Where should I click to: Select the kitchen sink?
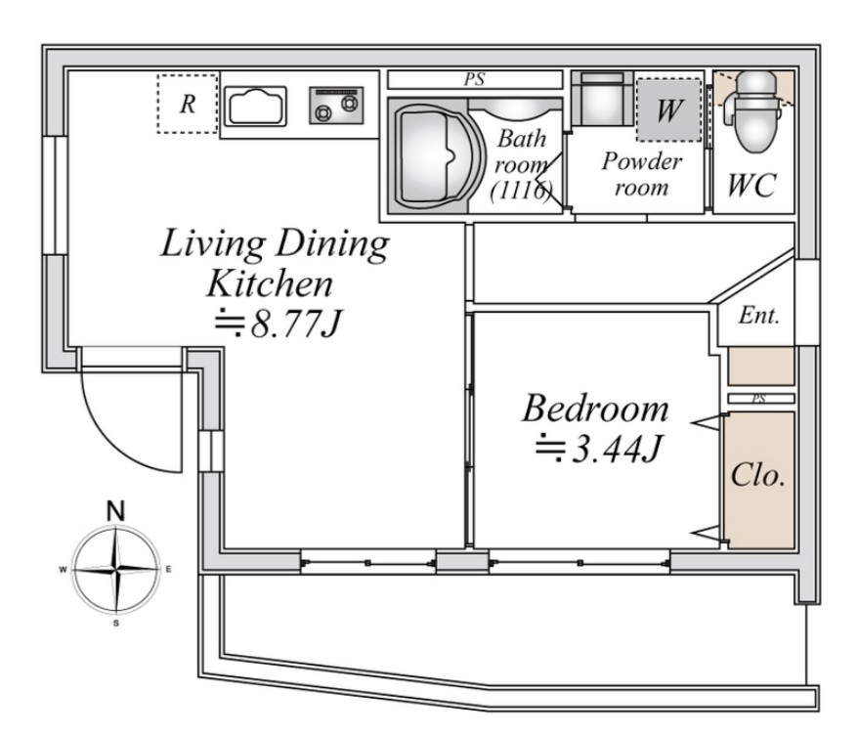pos(256,107)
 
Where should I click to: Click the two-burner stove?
pos(336,106)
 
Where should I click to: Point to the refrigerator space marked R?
pos(188,104)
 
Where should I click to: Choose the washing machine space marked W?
pos(669,110)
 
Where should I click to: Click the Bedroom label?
pos(595,409)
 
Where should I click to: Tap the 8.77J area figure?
pos(278,324)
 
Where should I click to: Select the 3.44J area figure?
pos(599,449)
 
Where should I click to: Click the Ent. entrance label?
pos(758,316)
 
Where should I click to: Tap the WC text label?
pos(751,185)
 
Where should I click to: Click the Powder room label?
pos(642,174)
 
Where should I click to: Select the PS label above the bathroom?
pos(474,79)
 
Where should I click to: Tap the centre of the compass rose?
pos(116,570)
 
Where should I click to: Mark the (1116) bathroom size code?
pos(521,191)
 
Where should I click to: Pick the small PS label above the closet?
pos(758,399)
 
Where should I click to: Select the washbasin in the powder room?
pos(602,99)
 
